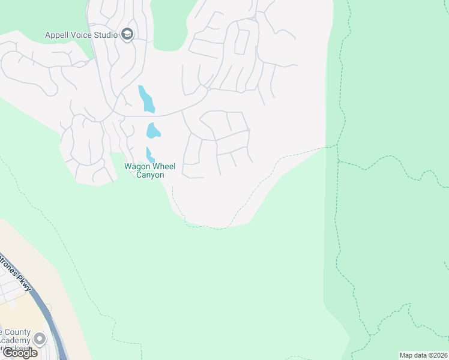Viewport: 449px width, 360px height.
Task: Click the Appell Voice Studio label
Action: (82, 35)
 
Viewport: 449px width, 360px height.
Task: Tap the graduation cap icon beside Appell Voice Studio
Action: (127, 34)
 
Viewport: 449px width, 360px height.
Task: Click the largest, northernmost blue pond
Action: (146, 99)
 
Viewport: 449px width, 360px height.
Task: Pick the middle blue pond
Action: (153, 130)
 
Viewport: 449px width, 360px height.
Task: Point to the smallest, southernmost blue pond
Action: (149, 155)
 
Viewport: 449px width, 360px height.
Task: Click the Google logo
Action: (20, 353)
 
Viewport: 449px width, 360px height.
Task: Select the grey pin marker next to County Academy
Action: (40, 339)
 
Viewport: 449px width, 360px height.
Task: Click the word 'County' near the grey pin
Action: (16, 332)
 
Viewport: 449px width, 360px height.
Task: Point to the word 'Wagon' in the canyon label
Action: (136, 167)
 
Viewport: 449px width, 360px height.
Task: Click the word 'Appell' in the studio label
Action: (58, 35)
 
